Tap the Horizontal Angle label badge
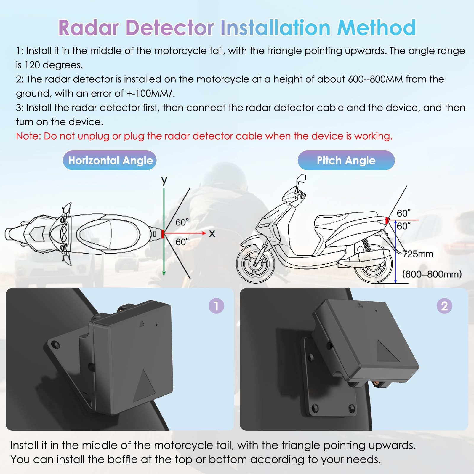110,160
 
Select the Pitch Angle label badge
346,160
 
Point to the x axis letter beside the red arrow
212,234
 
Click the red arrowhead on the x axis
204,233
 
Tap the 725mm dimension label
418,254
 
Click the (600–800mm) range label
432,274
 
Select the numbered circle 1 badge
216,306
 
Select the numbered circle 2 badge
444,306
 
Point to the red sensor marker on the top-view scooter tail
163,234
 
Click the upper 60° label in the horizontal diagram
182,222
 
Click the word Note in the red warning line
27,136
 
